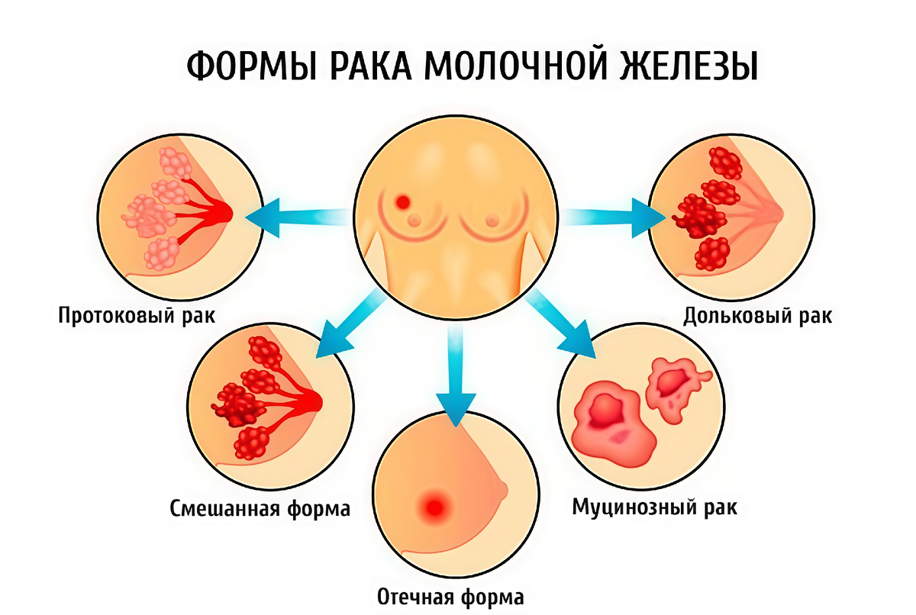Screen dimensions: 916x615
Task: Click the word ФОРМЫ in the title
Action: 244,66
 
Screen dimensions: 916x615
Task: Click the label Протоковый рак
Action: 137,315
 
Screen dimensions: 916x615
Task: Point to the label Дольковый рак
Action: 758,315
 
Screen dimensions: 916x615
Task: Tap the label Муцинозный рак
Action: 655,507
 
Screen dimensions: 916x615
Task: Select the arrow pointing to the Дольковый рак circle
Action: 611,216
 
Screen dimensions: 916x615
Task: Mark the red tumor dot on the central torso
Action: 402,201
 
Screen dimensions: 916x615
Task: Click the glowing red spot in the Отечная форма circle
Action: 436,504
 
